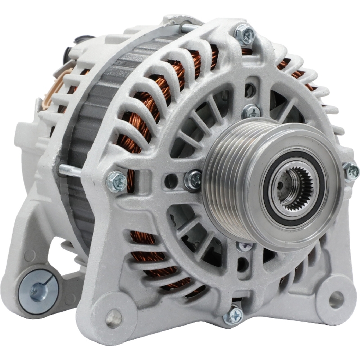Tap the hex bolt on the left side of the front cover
coord(117,181)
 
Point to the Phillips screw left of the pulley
coord(193,179)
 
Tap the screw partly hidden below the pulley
coord(245,246)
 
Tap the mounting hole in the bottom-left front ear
coord(114,318)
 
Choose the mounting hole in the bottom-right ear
coord(336,299)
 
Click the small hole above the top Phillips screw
coord(250,90)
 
